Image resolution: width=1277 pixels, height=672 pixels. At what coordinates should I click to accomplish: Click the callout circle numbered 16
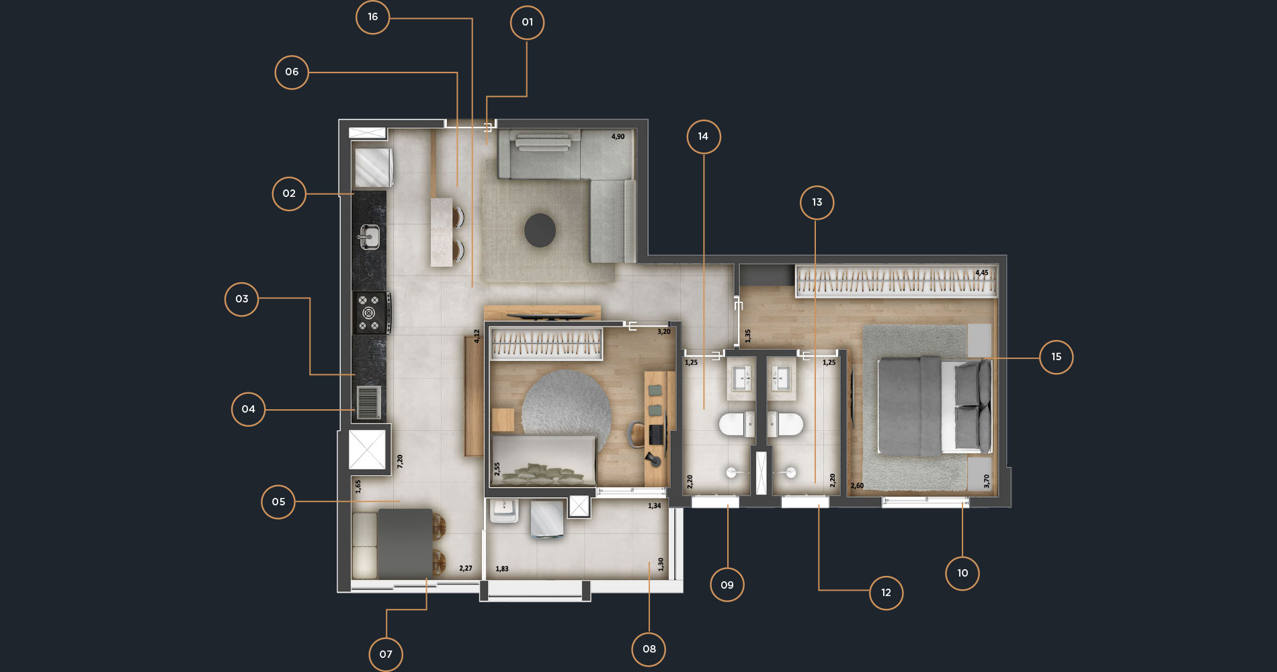pyautogui.click(x=372, y=17)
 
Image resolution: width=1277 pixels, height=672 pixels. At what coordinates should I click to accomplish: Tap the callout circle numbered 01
pyautogui.click(x=527, y=23)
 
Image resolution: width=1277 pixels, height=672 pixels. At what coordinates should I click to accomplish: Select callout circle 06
pyautogui.click(x=292, y=72)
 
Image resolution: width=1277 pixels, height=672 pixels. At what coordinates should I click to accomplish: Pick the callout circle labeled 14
pyautogui.click(x=703, y=136)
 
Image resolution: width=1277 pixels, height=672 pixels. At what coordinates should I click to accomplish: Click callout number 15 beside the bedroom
pyautogui.click(x=1056, y=357)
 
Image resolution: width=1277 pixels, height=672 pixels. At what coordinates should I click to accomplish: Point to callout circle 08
pyautogui.click(x=649, y=649)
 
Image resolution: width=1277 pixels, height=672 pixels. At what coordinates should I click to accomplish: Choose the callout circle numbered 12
pyautogui.click(x=886, y=593)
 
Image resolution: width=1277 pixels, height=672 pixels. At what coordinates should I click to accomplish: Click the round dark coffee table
pyautogui.click(x=540, y=230)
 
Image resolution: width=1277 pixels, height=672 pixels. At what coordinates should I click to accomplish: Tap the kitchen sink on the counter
pyautogui.click(x=368, y=237)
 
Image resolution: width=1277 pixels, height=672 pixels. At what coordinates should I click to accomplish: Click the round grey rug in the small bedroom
pyautogui.click(x=566, y=407)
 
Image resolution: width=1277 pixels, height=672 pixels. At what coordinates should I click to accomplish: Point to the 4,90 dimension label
pyautogui.click(x=618, y=137)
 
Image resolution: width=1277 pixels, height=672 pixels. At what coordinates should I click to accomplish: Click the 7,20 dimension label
pyautogui.click(x=400, y=461)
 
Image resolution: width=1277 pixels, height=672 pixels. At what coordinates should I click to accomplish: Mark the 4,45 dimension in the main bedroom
pyautogui.click(x=982, y=273)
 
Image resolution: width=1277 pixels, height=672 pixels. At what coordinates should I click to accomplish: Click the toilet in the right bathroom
pyautogui.click(x=785, y=425)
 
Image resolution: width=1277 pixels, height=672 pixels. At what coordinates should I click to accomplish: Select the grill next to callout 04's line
pyautogui.click(x=368, y=402)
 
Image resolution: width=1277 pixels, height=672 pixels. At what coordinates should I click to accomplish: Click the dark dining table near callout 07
pyautogui.click(x=405, y=544)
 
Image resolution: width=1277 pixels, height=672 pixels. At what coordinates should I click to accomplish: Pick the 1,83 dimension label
pyautogui.click(x=502, y=569)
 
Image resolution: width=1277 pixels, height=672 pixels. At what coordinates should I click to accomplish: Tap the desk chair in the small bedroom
pyautogui.click(x=636, y=434)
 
